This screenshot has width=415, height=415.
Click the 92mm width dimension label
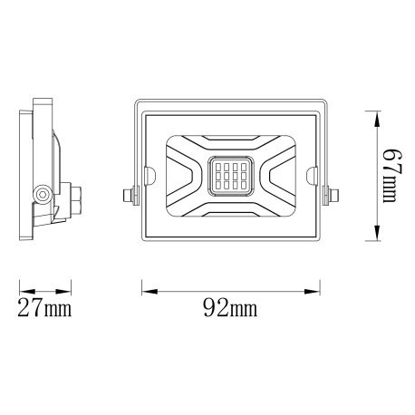point(231,309)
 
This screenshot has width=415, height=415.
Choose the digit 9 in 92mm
point(210,309)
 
